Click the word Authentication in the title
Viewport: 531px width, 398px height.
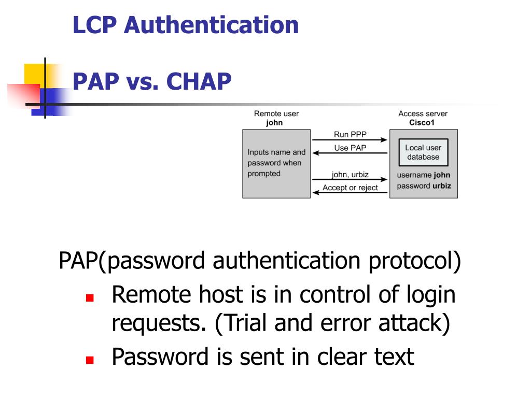pos(211,25)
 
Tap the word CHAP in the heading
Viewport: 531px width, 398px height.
pos(199,81)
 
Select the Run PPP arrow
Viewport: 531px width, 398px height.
pos(350,140)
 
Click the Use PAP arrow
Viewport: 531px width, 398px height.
pos(350,153)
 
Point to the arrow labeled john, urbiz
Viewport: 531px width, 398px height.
pos(350,180)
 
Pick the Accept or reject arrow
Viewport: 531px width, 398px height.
pos(350,193)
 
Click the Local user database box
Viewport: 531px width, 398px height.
pos(423,152)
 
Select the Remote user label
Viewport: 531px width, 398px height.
pos(276,113)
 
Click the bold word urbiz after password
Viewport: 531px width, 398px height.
pos(442,186)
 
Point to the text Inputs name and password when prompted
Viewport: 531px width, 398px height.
pos(276,163)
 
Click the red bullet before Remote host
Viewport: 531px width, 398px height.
pos(89,298)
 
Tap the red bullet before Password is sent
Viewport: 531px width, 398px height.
pos(89,359)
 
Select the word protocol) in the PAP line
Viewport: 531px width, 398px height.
pos(414,261)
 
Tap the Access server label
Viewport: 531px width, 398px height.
pos(423,113)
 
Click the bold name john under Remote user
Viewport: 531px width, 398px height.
pos(274,123)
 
